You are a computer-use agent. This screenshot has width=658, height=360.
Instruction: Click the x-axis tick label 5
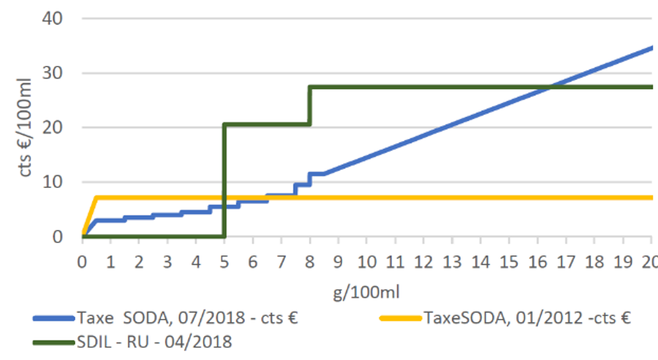pos(224,261)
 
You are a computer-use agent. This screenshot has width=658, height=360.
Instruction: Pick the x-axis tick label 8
pos(310,261)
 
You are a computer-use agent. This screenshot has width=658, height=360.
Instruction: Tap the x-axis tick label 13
pos(452,261)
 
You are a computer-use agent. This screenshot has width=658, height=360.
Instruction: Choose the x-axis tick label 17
pos(566,261)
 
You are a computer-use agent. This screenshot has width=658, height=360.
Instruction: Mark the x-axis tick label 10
pos(367,261)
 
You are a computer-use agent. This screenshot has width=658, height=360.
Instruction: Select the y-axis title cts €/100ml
pos(26,128)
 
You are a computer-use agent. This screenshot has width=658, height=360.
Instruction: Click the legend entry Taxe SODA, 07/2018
pos(187,318)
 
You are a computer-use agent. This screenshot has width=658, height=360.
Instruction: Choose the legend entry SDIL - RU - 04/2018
pos(154,342)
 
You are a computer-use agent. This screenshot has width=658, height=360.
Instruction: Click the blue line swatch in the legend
pos(53,318)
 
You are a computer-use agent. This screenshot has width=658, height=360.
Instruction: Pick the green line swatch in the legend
pos(53,343)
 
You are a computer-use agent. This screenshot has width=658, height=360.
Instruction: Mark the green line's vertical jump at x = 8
pos(310,105)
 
